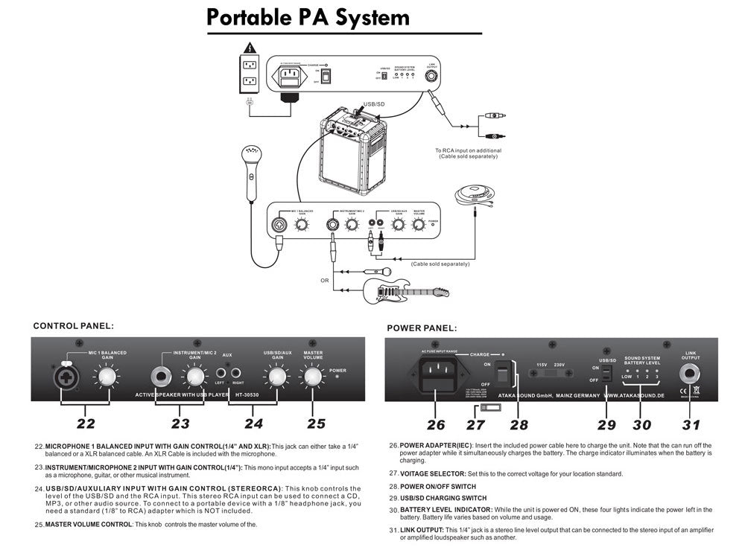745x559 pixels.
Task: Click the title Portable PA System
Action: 308,17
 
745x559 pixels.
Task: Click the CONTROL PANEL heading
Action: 73,325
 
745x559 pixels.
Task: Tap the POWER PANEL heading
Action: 422,328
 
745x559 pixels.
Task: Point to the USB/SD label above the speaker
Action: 374,104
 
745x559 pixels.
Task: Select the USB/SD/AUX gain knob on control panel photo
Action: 276,377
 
